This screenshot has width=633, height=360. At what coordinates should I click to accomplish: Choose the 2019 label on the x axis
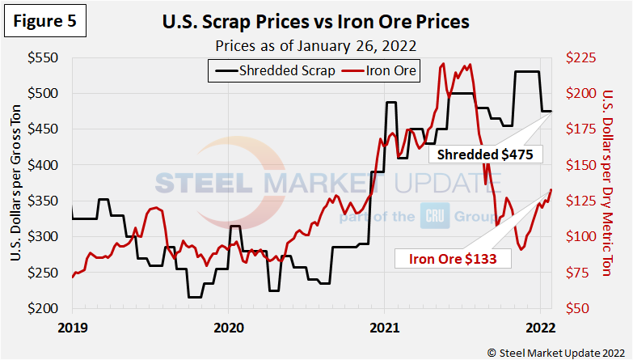(x=72, y=328)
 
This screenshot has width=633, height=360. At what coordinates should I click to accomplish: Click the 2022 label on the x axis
(x=539, y=328)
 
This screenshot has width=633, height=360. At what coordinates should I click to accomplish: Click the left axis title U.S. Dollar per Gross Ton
(x=17, y=184)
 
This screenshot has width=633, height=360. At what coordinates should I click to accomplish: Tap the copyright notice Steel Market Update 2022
(x=555, y=352)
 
